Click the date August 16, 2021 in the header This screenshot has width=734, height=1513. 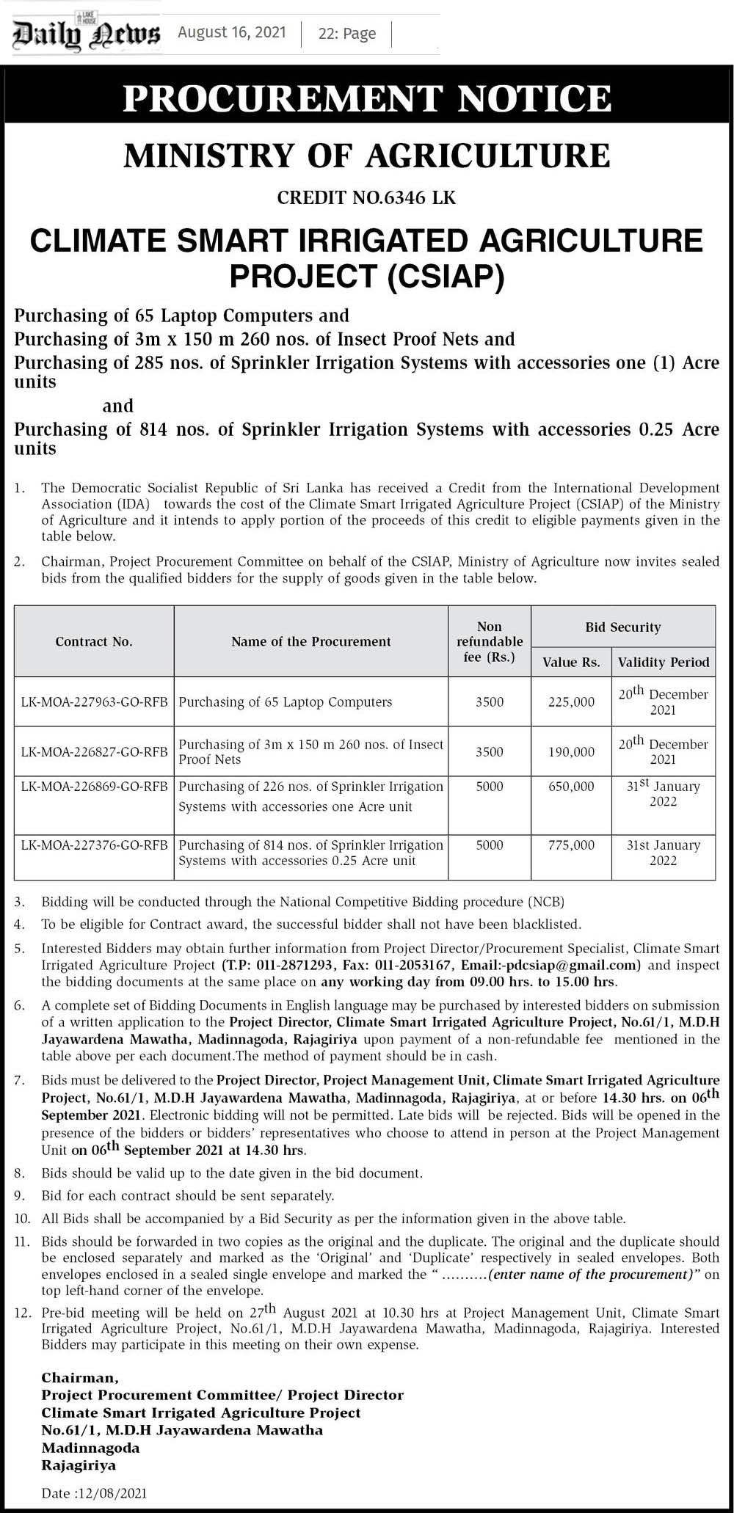click(231, 33)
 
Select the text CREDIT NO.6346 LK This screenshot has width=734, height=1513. click(367, 197)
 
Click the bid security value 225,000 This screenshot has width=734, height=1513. click(571, 702)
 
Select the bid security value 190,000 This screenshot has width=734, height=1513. click(571, 751)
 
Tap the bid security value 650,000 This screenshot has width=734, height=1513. click(571, 787)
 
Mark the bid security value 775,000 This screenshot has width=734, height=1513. click(571, 845)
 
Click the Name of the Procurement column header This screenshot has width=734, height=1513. click(310, 641)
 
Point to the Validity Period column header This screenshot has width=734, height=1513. click(664, 662)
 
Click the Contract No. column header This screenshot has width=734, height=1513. click(94, 641)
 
